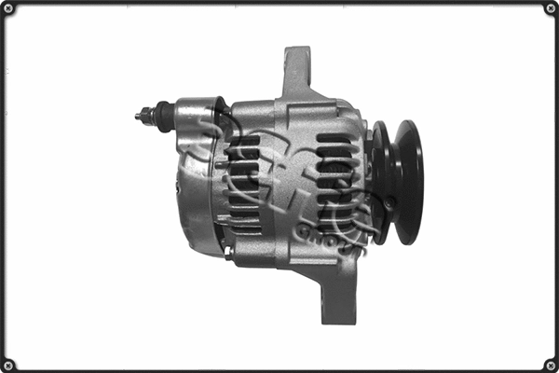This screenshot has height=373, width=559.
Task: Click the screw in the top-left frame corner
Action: click(x=10, y=10)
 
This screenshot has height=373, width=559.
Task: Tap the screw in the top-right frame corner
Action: click(x=549, y=10)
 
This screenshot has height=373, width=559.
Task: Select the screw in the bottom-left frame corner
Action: click(x=10, y=363)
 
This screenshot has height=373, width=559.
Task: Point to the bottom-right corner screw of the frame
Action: click(x=549, y=363)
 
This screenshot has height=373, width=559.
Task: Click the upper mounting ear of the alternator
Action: click(x=297, y=67)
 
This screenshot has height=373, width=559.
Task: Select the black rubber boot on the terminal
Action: click(x=164, y=117)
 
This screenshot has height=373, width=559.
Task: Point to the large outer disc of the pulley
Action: click(x=407, y=181)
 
